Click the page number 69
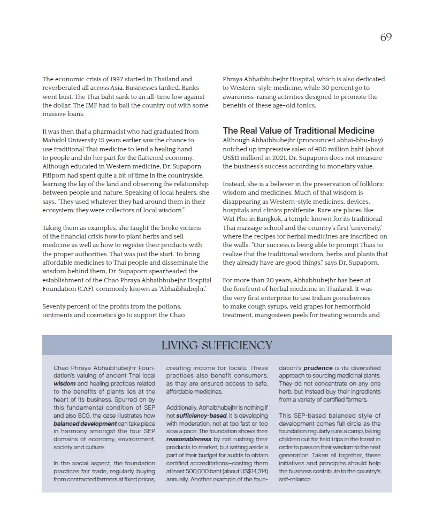pos(386,37)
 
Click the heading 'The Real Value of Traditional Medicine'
pos(299,130)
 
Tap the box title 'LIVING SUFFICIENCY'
pos(217,345)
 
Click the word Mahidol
pos(55,140)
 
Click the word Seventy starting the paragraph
pos(55,306)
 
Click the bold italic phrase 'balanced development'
pos(85,423)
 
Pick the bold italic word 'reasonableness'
pos(188,439)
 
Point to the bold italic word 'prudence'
pos(318,368)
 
